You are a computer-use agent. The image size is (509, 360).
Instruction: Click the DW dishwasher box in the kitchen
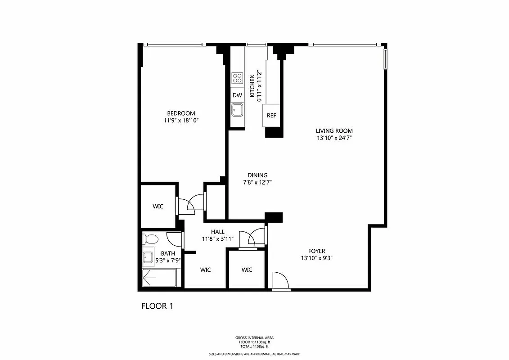237,95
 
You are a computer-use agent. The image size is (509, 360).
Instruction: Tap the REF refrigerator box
271,115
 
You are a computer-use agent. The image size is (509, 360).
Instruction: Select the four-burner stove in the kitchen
237,78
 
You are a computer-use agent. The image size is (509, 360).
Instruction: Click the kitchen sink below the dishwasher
237,109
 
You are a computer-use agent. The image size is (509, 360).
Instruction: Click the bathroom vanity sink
149,257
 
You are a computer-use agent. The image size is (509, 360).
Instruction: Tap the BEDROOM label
181,113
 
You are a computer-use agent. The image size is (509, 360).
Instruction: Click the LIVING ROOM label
333,131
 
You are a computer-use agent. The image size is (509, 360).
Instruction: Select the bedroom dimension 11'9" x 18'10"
181,121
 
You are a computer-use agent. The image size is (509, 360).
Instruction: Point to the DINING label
257,175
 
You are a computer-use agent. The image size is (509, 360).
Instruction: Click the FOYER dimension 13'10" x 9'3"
316,258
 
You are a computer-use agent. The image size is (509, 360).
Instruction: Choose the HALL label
217,232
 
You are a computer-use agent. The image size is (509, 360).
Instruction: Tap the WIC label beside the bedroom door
158,206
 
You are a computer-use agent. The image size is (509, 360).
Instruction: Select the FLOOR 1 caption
157,306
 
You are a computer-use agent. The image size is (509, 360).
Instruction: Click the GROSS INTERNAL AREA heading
254,337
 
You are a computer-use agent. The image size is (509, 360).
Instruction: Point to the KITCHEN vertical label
252,85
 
